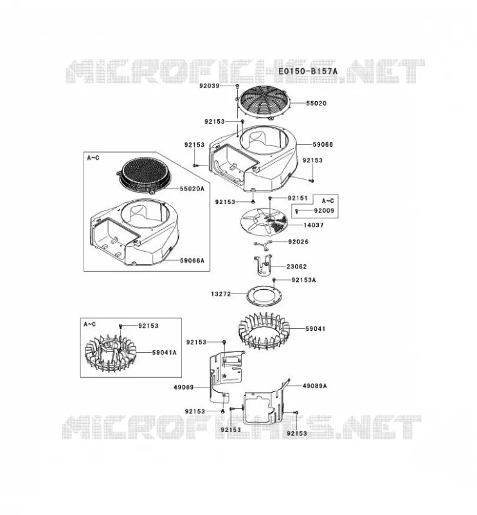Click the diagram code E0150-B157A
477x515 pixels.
[308, 71]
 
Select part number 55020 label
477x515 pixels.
[316, 103]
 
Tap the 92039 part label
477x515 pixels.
[210, 86]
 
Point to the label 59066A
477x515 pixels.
[192, 261]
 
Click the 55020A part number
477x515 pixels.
[192, 189]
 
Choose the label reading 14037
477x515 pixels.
[313, 225]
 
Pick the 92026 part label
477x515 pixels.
[298, 242]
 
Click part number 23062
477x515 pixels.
[296, 267]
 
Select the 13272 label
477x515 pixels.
[221, 294]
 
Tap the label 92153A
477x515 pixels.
[304, 280]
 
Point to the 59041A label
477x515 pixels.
[164, 352]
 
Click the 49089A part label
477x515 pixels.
[314, 386]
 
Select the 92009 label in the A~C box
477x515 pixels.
[324, 211]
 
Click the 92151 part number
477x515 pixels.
[298, 198]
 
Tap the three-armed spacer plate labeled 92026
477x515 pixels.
[263, 243]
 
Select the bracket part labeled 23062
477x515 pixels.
[263, 265]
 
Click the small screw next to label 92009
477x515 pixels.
[297, 211]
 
